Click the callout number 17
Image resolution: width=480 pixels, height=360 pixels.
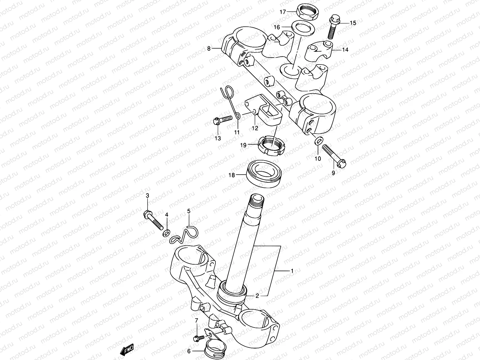click(x=283, y=12)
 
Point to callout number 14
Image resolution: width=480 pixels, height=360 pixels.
click(x=345, y=50)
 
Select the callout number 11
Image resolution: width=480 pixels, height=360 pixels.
click(x=237, y=132)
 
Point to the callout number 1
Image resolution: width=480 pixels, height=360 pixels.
click(x=292, y=271)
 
